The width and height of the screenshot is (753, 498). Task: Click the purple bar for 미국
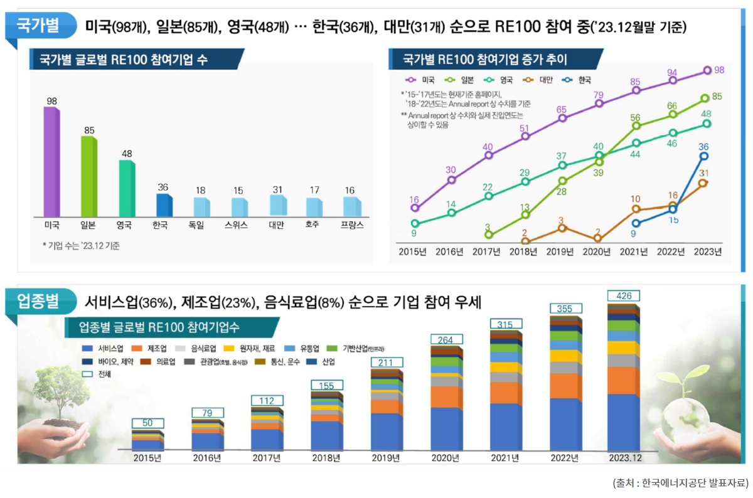tap(51, 162)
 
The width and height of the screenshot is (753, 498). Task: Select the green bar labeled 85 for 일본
tap(88, 176)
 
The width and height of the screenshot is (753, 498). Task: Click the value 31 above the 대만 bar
tap(277, 189)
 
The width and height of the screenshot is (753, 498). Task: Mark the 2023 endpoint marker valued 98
tap(708, 70)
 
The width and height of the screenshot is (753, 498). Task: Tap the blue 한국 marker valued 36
tap(704, 156)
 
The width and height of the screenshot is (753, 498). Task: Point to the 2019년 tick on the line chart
tap(560, 252)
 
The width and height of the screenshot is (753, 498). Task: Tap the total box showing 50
tap(147, 423)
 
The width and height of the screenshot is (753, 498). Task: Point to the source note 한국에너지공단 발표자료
tap(680, 483)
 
